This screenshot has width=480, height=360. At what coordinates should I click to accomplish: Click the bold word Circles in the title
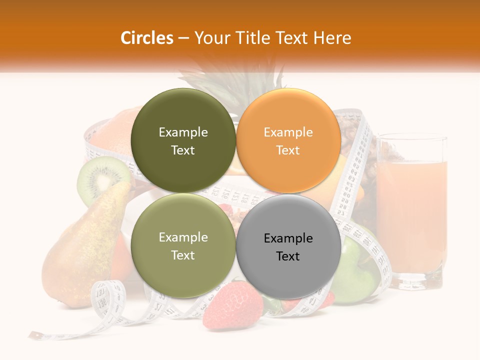coord(146,38)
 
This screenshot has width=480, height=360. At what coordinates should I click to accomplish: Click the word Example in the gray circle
coord(288,238)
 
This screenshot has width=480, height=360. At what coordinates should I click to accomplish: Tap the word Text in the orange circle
coord(288,150)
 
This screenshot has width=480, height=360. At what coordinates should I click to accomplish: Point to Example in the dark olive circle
coord(183,132)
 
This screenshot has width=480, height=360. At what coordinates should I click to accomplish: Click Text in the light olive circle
coord(183,255)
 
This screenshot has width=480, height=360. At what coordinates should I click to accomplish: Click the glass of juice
coord(411,210)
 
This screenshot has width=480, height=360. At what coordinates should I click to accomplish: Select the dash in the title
coord(183,38)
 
